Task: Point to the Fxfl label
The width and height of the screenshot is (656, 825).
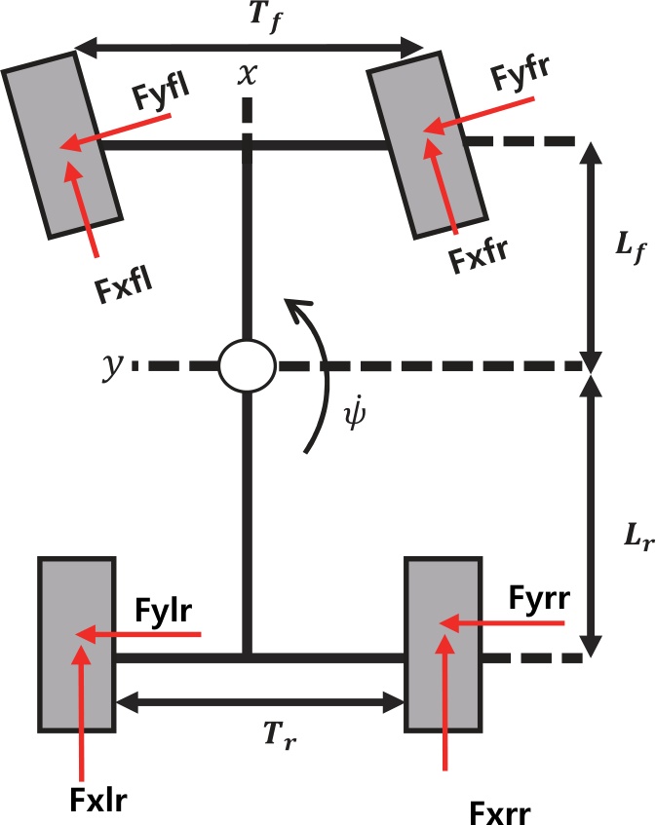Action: (124, 289)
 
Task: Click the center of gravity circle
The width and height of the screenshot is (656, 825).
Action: (248, 367)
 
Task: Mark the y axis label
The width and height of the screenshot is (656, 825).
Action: (113, 365)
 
